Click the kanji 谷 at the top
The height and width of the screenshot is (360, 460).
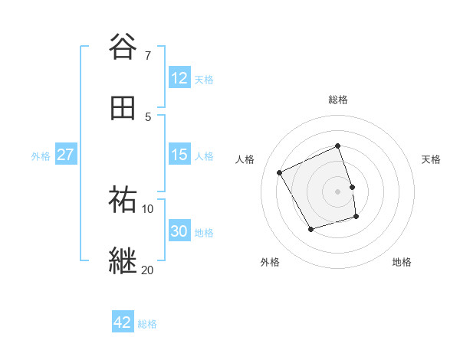pyautogui.click(x=123, y=47)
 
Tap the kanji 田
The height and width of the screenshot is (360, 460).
pyautogui.click(x=123, y=108)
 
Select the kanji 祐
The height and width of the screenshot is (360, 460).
pyautogui.click(x=123, y=200)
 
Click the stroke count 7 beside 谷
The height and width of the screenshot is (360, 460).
pyautogui.click(x=148, y=56)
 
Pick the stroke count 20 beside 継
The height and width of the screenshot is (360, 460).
pyautogui.click(x=148, y=270)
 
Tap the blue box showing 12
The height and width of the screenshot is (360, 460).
pyautogui.click(x=179, y=78)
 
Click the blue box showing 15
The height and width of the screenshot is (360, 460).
pyautogui.click(x=179, y=155)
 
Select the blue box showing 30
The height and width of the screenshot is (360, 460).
pyautogui.click(x=179, y=231)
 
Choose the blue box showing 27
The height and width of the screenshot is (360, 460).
pyautogui.click(x=65, y=155)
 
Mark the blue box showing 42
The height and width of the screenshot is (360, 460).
pyautogui.click(x=122, y=322)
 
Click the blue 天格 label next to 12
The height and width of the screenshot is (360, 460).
pyautogui.click(x=204, y=79)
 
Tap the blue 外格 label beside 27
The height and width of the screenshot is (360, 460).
pyautogui.click(x=41, y=155)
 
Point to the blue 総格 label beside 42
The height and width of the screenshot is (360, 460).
pyautogui.click(x=147, y=324)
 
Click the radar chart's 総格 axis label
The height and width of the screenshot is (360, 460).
pyautogui.click(x=338, y=100)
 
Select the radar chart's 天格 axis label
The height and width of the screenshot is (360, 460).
pyautogui.click(x=432, y=159)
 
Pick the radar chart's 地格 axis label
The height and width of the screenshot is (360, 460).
pyautogui.click(x=402, y=262)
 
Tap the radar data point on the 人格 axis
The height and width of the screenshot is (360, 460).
pyautogui.click(x=280, y=172)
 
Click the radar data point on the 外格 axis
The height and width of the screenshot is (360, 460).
pyautogui.click(x=310, y=229)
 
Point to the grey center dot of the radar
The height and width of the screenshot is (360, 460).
pyautogui.click(x=338, y=191)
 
